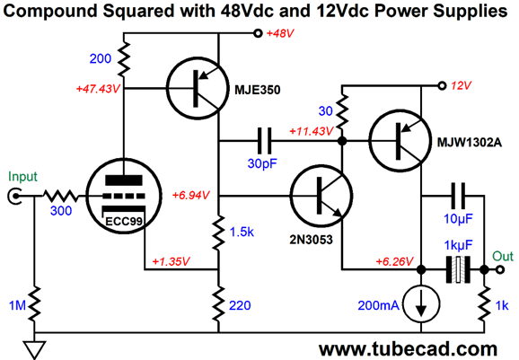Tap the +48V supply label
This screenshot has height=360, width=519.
[281, 34]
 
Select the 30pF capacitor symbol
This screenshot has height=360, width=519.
[265, 140]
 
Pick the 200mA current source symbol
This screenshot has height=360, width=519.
[418, 304]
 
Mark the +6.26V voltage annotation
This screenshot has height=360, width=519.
[384, 259]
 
